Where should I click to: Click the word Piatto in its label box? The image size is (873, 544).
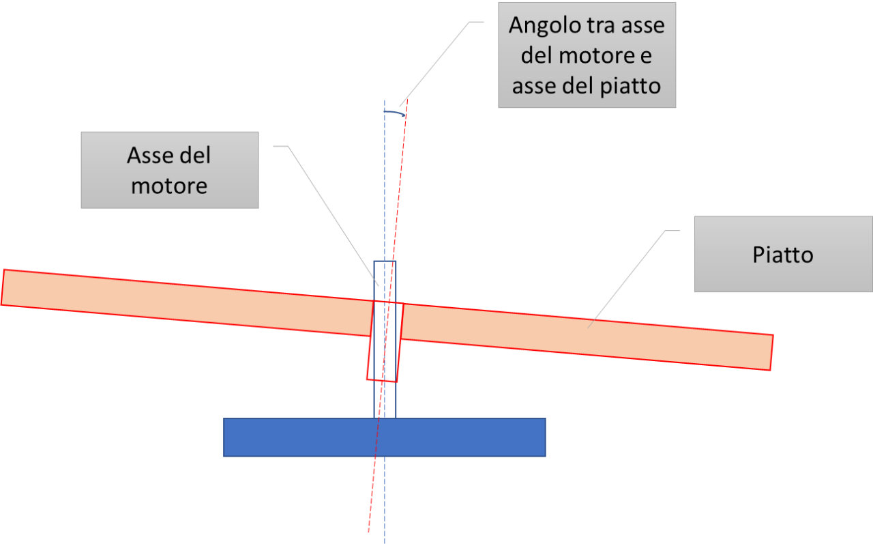[783, 255]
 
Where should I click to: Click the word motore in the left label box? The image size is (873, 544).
[169, 186]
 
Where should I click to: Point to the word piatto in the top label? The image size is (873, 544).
[630, 87]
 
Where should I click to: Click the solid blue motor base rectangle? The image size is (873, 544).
[384, 437]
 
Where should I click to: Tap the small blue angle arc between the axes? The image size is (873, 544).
[394, 113]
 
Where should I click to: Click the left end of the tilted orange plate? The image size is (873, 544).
[3, 287]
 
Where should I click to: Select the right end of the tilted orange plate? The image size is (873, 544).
[771, 352]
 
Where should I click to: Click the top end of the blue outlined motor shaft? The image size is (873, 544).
[385, 261]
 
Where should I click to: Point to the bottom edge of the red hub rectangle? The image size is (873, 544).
[381, 380]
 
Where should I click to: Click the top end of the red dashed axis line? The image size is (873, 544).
[407, 100]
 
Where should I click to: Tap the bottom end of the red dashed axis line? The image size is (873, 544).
[369, 532]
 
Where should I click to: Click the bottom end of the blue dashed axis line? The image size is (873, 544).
[384, 543]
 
